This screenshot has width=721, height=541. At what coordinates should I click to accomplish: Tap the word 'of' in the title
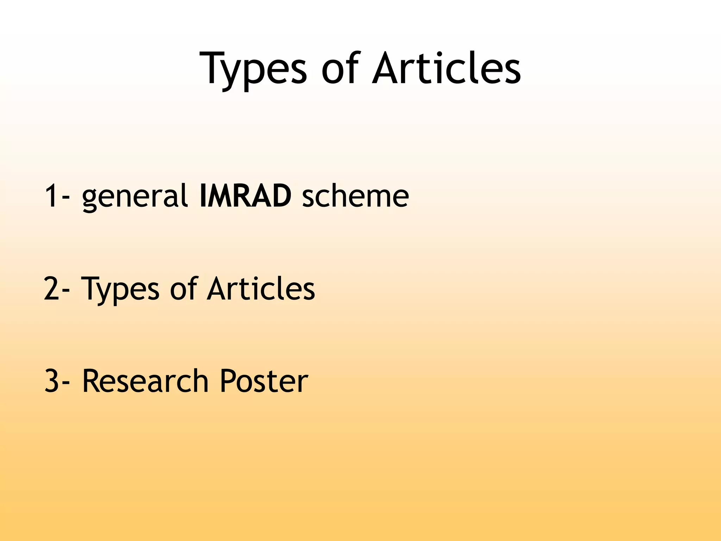[x=340, y=69]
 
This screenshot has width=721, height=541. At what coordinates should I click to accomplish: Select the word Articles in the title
[x=446, y=69]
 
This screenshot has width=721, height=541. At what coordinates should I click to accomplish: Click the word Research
[x=145, y=381]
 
